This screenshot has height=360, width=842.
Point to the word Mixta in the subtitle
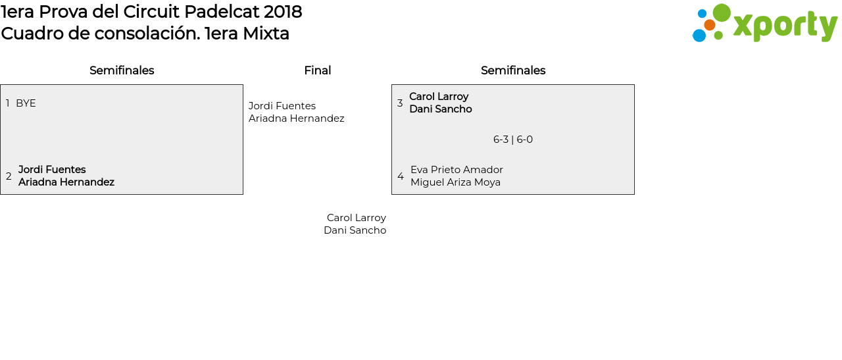pyautogui.click(x=266, y=34)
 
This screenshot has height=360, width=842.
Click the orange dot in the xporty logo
pyautogui.click(x=710, y=25)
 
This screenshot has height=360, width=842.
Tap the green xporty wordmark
pyautogui.click(x=785, y=26)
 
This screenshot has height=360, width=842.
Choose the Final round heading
pyautogui.click(x=317, y=70)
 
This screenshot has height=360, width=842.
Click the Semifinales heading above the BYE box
pyautogui.click(x=122, y=70)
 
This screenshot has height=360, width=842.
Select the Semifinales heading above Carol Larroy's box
pyautogui.click(x=513, y=70)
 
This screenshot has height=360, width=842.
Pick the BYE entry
pyautogui.click(x=26, y=103)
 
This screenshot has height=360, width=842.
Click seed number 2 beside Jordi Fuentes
pyautogui.click(x=9, y=176)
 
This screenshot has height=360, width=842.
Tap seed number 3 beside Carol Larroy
pyautogui.click(x=400, y=103)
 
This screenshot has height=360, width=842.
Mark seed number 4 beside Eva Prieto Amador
pyautogui.click(x=401, y=176)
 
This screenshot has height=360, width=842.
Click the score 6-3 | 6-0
pyautogui.click(x=513, y=140)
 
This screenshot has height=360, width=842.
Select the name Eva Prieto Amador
pyautogui.click(x=457, y=170)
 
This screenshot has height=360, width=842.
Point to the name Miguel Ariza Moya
pyautogui.click(x=455, y=182)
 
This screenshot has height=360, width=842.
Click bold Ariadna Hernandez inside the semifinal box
pyautogui.click(x=66, y=182)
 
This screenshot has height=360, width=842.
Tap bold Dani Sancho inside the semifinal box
pyautogui.click(x=440, y=109)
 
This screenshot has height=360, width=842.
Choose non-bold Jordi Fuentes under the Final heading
pyautogui.click(x=282, y=106)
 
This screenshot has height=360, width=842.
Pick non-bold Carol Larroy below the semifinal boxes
pyautogui.click(x=357, y=218)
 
